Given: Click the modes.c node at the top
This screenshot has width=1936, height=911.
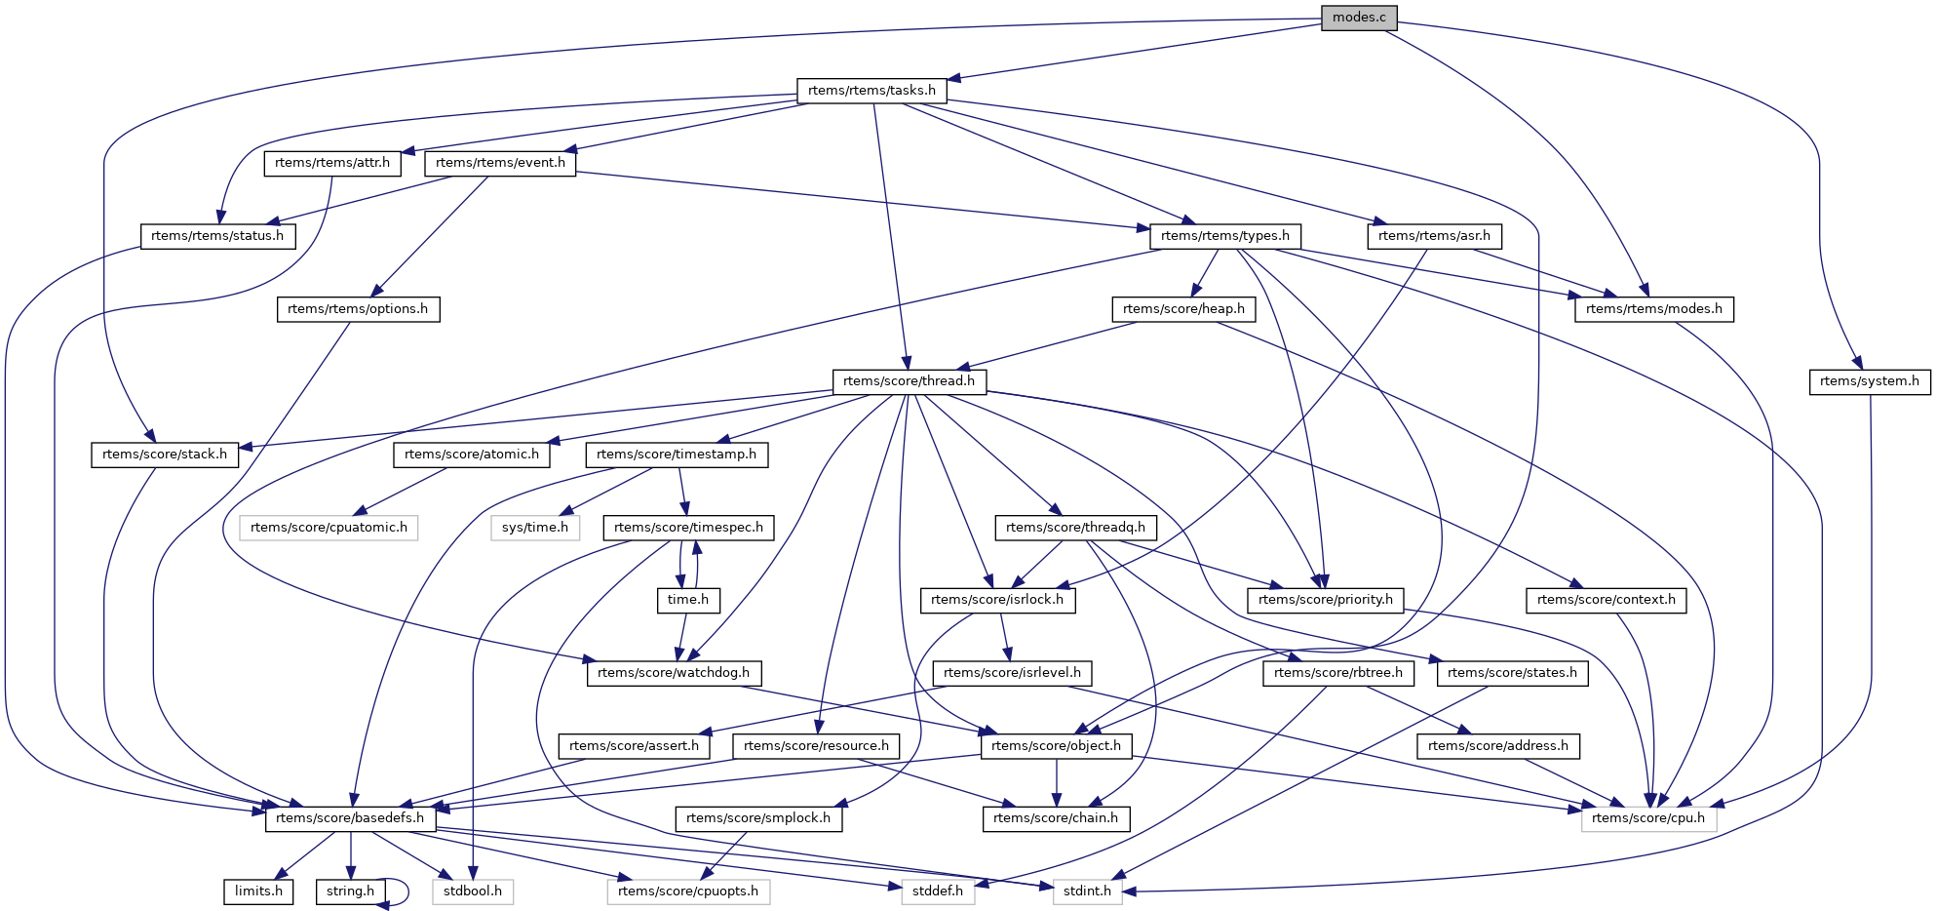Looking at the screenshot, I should coord(1359,18).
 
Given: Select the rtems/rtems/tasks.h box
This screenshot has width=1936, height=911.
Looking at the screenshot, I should coord(871,91).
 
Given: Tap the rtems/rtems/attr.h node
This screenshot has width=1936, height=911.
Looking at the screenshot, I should coord(332,163).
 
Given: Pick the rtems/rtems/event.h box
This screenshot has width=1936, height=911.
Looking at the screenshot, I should coord(500,163).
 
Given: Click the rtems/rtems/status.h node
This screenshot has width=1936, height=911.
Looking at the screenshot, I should coord(217,236).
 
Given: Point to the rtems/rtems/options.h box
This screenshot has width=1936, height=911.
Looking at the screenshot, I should coord(358,309).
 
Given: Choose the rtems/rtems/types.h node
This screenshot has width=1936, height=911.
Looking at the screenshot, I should coord(1225,236).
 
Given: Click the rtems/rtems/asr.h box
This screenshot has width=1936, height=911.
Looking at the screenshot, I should coord(1434,236).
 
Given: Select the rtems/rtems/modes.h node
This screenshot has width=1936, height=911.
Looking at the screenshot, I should coord(1653,309).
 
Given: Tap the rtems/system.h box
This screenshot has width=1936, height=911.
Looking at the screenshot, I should coord(1869,381).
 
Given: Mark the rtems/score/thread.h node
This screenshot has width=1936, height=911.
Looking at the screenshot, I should coord(909,381).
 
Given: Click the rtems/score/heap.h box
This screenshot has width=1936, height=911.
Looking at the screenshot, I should coord(1183,309).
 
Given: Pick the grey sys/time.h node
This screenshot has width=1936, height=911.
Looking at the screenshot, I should coord(535,528).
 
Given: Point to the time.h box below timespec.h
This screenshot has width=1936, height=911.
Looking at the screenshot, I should coord(688,600).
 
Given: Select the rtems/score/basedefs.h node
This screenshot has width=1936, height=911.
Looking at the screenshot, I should coord(350,818).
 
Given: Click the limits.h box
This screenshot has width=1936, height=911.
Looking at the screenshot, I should coord(258,891).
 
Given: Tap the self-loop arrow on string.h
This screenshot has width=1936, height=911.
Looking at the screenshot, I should coord(403,891).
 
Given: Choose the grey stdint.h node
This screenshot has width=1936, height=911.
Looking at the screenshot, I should coord(1087,891).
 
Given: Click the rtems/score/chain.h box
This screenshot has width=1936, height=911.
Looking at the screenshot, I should coord(1056,818).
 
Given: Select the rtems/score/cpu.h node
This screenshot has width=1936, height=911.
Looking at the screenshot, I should coord(1648,818).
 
